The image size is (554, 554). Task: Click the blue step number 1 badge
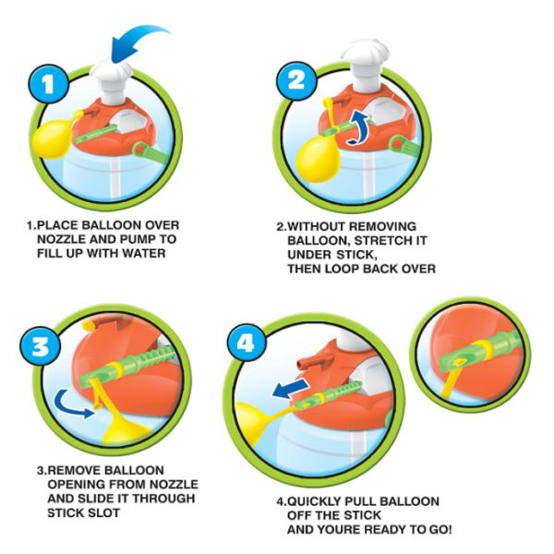pyautogui.click(x=48, y=85)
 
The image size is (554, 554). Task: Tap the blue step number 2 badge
pyautogui.click(x=296, y=80)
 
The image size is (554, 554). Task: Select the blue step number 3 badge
pyautogui.click(x=41, y=346)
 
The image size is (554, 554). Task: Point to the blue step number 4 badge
pyautogui.click(x=246, y=342)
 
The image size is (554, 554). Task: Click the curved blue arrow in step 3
pyautogui.click(x=72, y=404)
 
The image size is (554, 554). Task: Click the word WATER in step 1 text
pyautogui.click(x=145, y=253)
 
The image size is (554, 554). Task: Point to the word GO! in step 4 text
pyautogui.click(x=440, y=530)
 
